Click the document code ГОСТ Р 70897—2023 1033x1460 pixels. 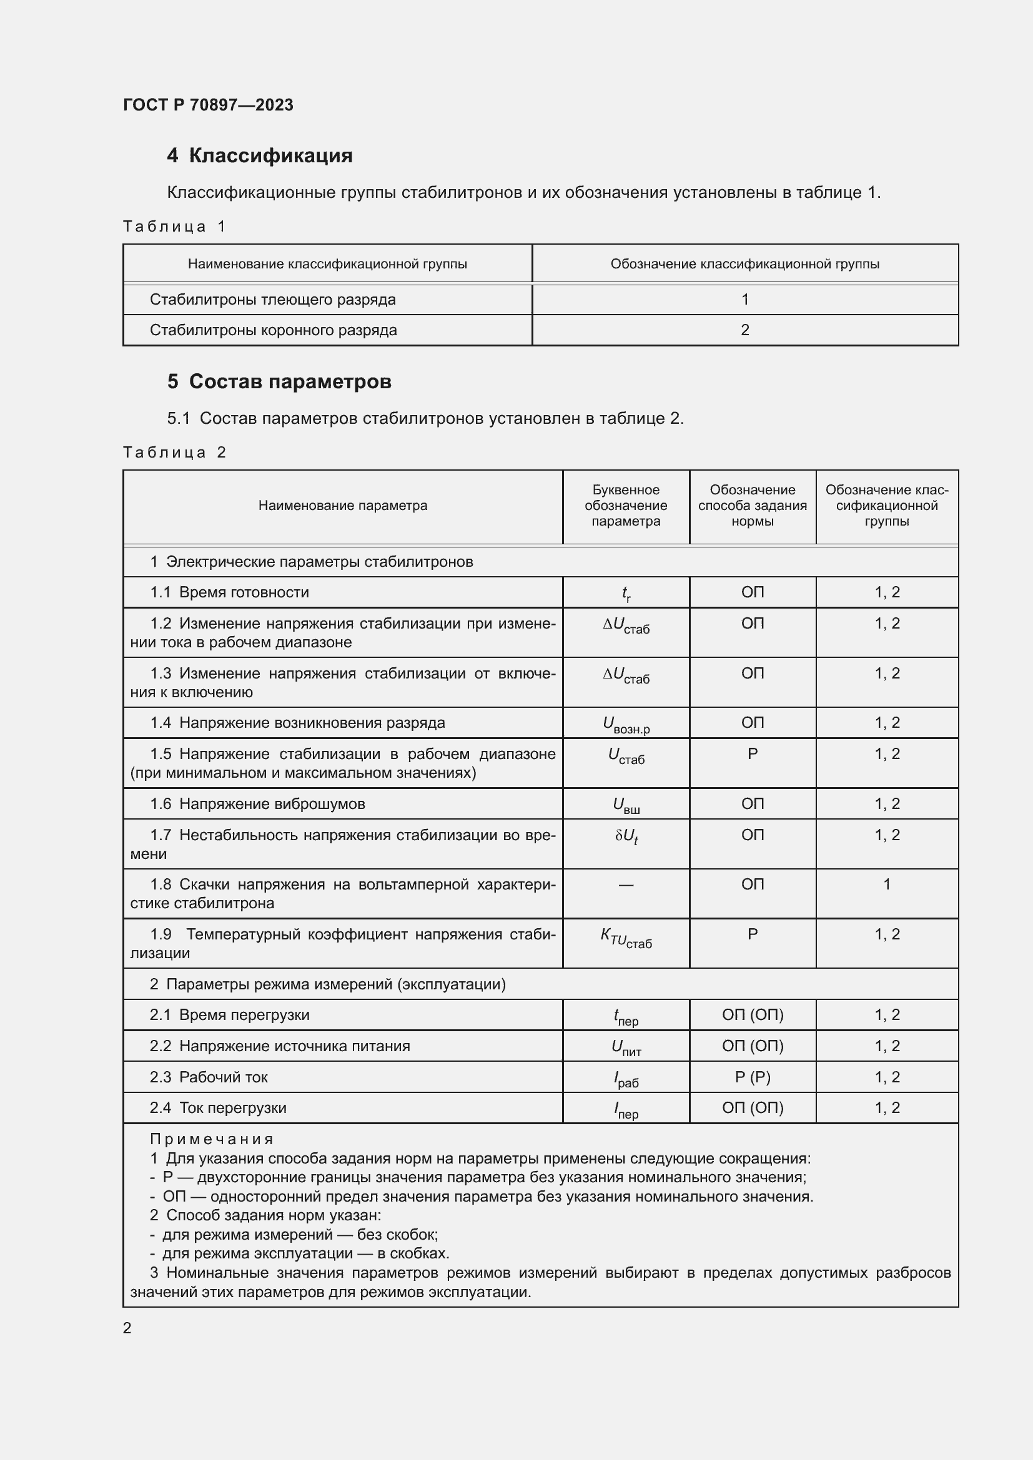click(x=208, y=105)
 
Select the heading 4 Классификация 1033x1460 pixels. click(x=260, y=156)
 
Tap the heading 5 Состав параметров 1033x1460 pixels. click(x=279, y=381)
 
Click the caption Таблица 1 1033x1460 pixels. click(x=174, y=227)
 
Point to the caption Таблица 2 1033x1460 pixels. click(x=174, y=452)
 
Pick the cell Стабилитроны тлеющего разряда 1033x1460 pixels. click(x=272, y=300)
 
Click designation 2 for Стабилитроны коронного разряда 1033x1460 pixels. click(x=745, y=330)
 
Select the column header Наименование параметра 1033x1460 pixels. click(x=342, y=506)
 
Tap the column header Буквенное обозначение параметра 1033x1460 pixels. click(x=625, y=506)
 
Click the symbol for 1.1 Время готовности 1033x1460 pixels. click(x=626, y=593)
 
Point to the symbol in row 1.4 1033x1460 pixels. click(x=626, y=724)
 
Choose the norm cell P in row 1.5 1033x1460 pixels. click(x=753, y=754)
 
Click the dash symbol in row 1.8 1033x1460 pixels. click(x=626, y=884)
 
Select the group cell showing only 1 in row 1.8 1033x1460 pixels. click(x=887, y=884)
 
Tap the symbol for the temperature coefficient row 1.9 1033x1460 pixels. click(x=626, y=937)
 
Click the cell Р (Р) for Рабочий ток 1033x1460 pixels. click(x=753, y=1077)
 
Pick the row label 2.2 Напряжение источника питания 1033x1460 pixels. click(x=280, y=1046)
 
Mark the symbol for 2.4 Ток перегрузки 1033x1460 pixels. click(x=626, y=1109)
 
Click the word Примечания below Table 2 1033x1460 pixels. click(x=212, y=1139)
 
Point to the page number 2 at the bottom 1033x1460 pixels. click(x=127, y=1328)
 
